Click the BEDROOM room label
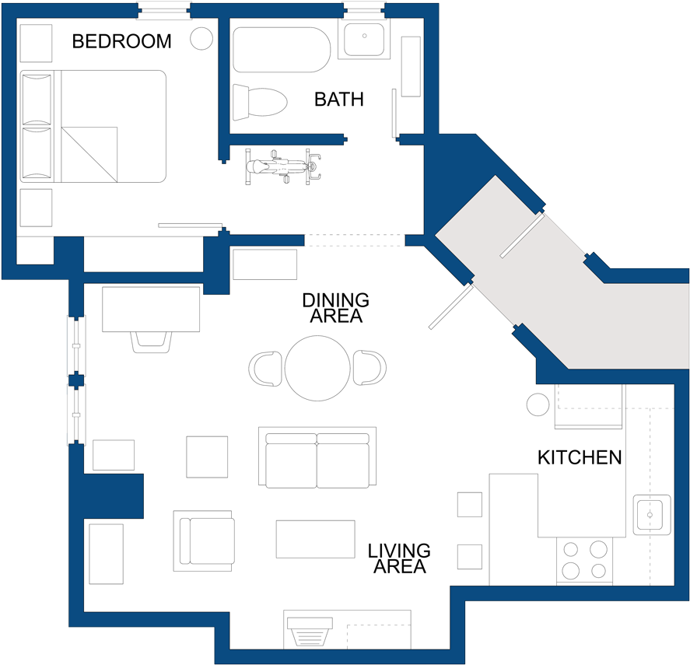click(121, 41)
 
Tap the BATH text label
click(338, 100)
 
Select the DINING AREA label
click(335, 308)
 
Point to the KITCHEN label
click(580, 457)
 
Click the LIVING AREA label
click(399, 558)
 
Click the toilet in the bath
click(261, 101)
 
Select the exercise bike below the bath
click(283, 166)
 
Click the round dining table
click(317, 368)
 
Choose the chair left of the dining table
click(266, 368)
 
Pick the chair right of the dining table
click(370, 368)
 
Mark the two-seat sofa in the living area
click(317, 458)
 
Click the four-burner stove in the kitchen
click(584, 560)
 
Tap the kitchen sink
click(651, 514)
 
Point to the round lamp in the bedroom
click(202, 39)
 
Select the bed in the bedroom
click(93, 126)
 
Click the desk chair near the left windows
click(151, 341)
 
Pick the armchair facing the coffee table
click(205, 541)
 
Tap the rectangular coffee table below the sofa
click(315, 539)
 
